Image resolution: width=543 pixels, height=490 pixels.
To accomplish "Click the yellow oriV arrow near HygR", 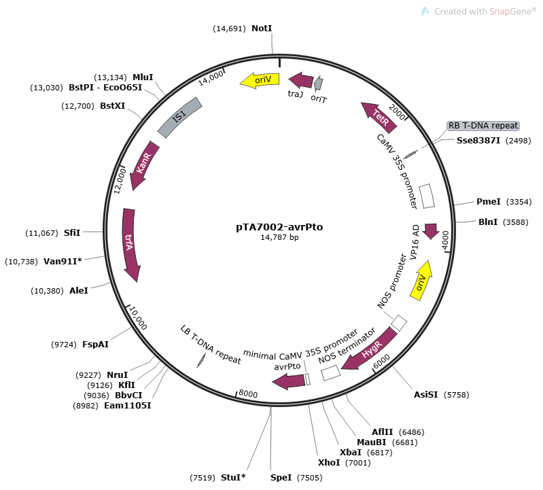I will coord(422,282).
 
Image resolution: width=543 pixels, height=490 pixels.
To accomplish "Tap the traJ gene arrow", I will coord(301,81).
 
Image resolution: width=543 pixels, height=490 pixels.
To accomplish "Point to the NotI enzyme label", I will coord(261,29).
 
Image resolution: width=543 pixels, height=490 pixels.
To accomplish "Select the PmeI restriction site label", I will coord(488,202).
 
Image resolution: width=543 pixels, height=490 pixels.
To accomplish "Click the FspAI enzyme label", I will coord(96,345).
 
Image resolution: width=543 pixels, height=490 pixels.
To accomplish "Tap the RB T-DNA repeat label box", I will coord(483,126).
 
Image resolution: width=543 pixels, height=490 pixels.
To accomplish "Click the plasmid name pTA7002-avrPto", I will coord(275,227).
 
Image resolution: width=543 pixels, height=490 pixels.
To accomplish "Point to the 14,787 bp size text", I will coord(275,238).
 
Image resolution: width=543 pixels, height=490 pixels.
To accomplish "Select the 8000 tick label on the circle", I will coord(249,394).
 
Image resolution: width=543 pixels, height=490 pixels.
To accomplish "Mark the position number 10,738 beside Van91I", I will coord(22,261).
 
